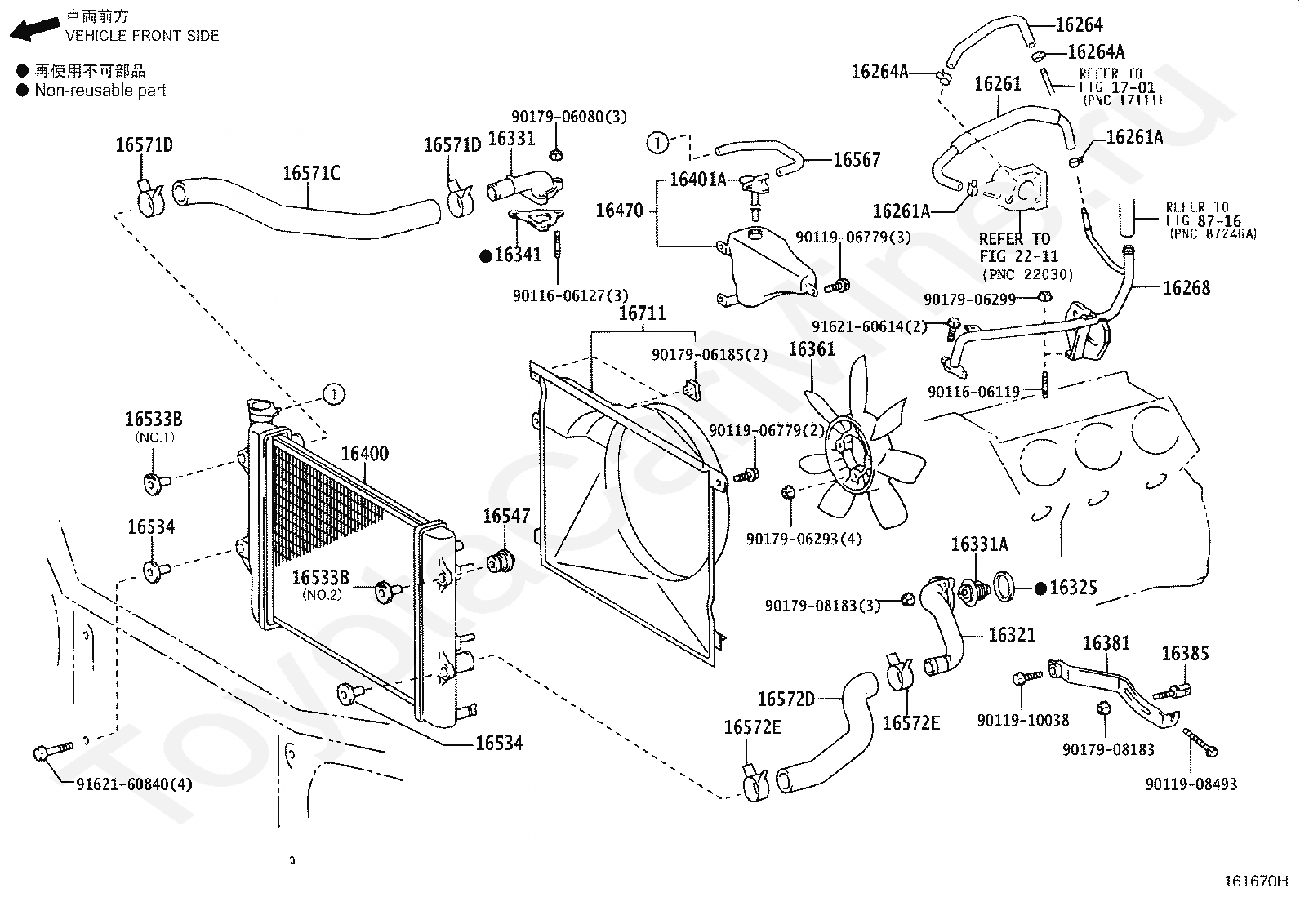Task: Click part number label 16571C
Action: coord(311,173)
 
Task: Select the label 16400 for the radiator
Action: coord(364,454)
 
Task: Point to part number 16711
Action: coord(642,313)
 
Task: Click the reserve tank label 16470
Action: coord(620,211)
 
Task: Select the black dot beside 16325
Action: coord(1041,588)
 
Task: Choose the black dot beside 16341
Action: coord(485,255)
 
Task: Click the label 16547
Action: coord(506,517)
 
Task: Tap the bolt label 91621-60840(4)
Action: coord(134,784)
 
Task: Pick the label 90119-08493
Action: coord(1191,784)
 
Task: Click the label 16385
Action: coord(1185,654)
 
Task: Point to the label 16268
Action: coord(1186,287)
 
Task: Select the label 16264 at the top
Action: coord(1079,25)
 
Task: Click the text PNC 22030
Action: coord(1027,274)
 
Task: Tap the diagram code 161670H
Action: coord(1255,881)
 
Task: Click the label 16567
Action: coord(857,160)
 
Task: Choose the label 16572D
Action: coord(786,699)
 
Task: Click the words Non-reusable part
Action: coord(100,91)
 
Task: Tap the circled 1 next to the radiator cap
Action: coord(333,394)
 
